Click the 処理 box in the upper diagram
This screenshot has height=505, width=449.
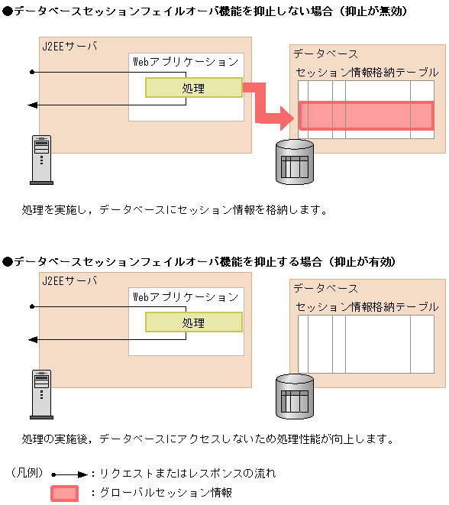tap(194, 87)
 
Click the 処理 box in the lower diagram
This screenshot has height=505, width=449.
tap(194, 322)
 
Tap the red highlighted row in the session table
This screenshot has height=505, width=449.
tap(367, 115)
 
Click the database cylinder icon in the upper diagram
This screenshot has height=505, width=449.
tap(295, 162)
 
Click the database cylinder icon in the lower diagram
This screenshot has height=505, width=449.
tap(295, 397)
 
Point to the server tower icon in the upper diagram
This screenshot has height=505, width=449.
tap(41, 160)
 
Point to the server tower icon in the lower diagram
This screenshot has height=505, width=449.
tap(41, 394)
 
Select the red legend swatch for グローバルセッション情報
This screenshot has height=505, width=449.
tap(64, 494)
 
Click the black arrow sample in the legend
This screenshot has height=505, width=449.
tap(69, 474)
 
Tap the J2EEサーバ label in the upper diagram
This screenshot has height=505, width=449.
tap(69, 47)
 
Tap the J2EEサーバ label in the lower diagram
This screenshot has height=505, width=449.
tap(69, 281)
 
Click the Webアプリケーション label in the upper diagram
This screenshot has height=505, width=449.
tap(186, 62)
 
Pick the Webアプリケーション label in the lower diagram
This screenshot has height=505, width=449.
tap(186, 296)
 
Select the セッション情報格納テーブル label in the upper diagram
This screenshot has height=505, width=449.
tap(367, 73)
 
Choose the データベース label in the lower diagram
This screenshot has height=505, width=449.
tap(326, 288)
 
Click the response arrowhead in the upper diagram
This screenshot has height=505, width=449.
tap(33, 105)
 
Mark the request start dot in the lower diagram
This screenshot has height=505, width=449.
tap(32, 306)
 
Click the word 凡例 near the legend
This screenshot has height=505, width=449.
tap(27, 473)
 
